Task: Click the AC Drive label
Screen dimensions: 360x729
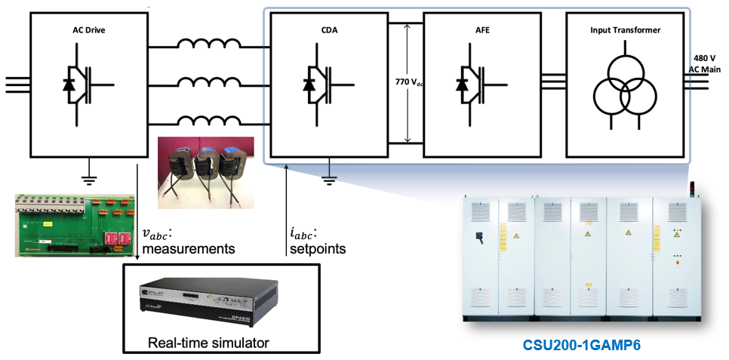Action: point(88,28)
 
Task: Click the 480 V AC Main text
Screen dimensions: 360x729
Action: point(706,63)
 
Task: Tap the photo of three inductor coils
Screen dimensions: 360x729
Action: point(205,173)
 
